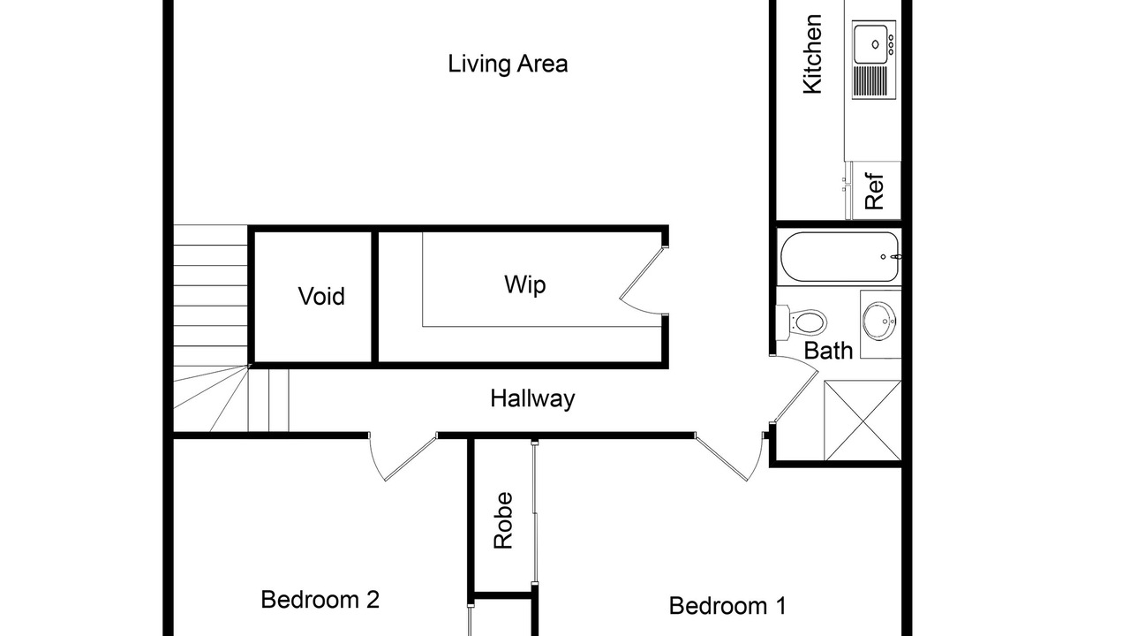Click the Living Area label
point(508,64)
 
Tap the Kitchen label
point(813,54)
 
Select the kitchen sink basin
point(870,44)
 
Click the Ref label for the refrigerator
point(874,192)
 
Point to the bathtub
point(840,256)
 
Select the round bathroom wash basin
point(880,321)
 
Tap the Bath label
point(828,351)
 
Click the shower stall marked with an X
point(863,420)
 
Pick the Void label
point(321,296)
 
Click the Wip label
point(524,284)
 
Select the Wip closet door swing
point(641,281)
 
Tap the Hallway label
point(532,398)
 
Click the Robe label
point(503,520)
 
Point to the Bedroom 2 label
point(320,600)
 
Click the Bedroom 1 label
point(727,606)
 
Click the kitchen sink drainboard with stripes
point(870,82)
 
